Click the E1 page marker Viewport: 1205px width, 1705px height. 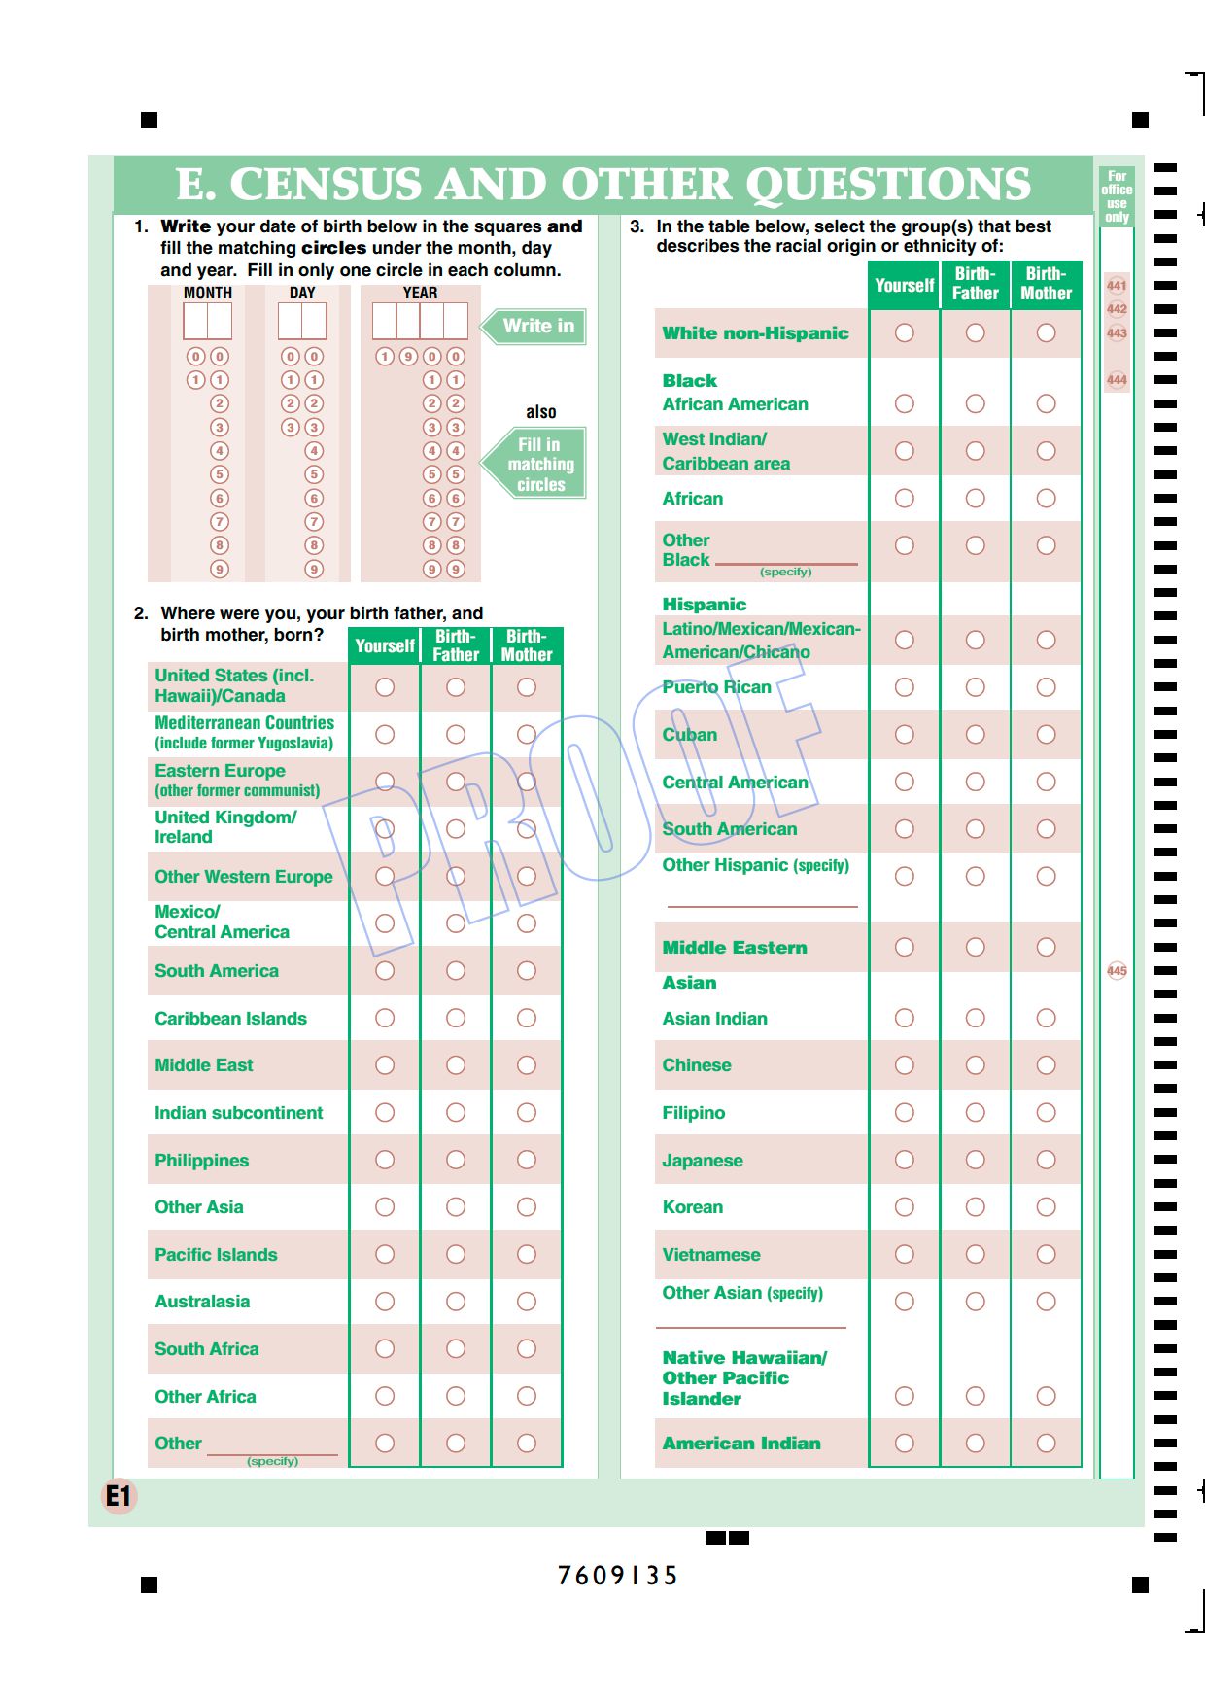[119, 1496]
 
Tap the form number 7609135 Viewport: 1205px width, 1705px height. [617, 1576]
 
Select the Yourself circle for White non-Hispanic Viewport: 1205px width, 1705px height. [904, 332]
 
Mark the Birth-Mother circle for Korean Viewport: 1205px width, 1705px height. [1046, 1207]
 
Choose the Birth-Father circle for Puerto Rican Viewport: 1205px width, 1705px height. [975, 687]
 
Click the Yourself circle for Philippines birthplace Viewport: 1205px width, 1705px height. [385, 1160]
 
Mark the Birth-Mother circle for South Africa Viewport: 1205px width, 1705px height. [527, 1349]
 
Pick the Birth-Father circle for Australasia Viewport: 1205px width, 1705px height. [456, 1302]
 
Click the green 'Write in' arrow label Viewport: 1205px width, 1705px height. [535, 327]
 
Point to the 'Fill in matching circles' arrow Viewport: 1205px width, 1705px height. [539, 464]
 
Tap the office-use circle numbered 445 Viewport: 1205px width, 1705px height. [1117, 970]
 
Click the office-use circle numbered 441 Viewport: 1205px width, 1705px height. [1117, 286]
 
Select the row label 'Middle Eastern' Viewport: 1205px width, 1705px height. [735, 948]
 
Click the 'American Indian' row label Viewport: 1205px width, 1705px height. [741, 1444]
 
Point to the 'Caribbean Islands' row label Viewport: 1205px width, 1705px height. [230, 1019]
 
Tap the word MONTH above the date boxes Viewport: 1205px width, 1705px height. [208, 293]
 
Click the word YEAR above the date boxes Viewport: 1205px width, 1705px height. [420, 293]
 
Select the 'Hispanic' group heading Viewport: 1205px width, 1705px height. [705, 605]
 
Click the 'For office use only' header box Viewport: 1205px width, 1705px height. [1117, 196]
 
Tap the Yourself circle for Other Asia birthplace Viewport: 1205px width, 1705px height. [385, 1207]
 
